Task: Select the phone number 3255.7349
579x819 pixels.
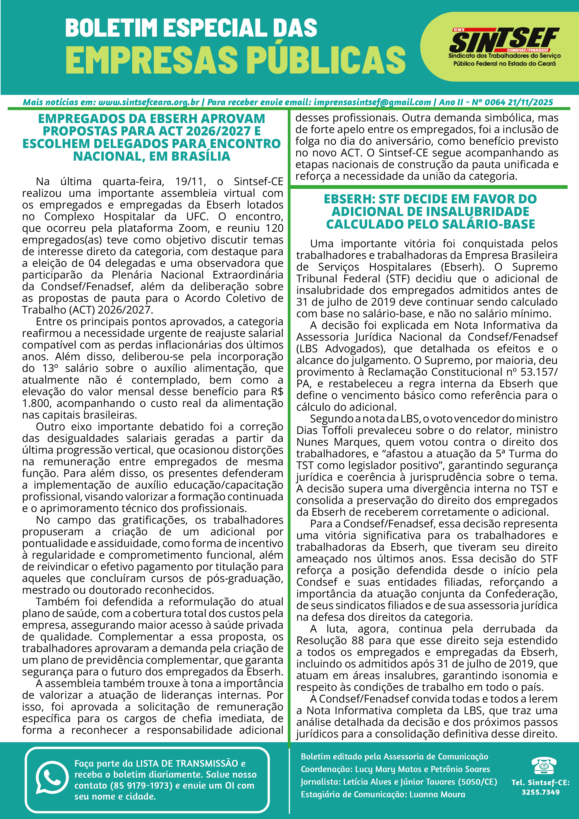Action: (540, 792)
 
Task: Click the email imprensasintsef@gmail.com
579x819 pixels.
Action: (372, 102)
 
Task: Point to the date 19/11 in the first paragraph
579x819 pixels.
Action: (191, 182)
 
